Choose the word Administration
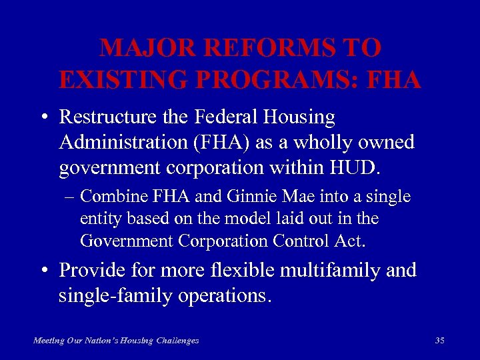coord(119,142)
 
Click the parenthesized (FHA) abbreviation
coord(212,142)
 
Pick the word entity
coord(98,218)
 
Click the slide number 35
coord(439,341)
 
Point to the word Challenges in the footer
coord(177,341)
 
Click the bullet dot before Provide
coord(43,271)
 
